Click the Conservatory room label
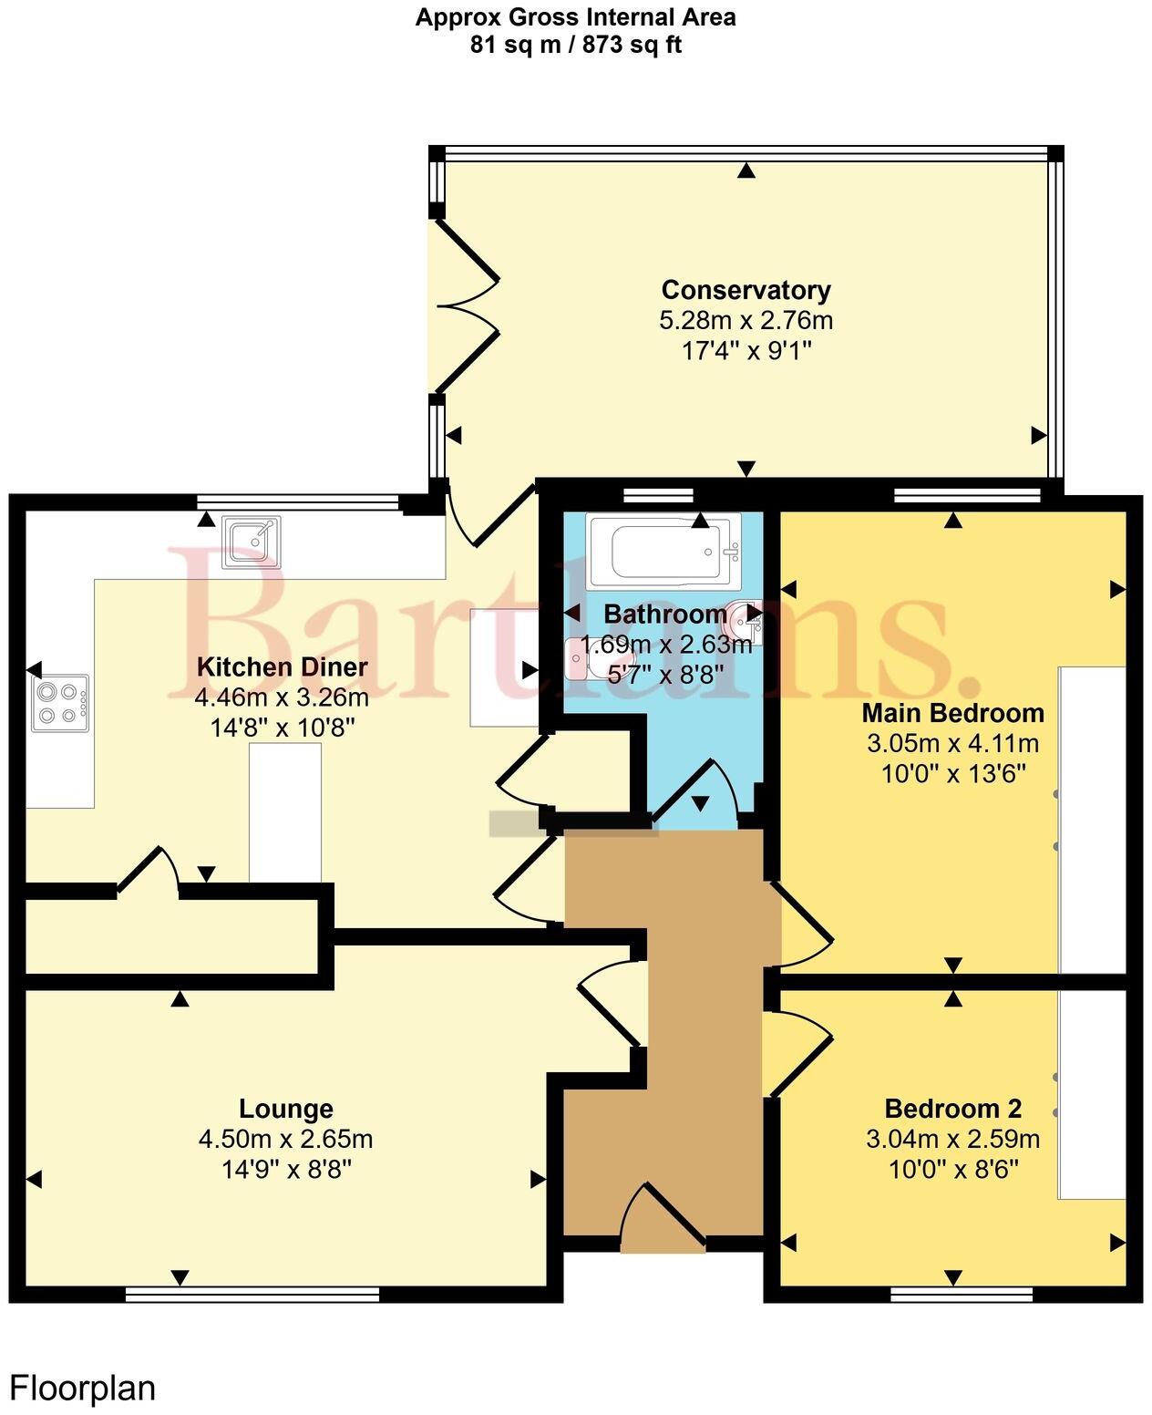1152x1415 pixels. [x=746, y=290]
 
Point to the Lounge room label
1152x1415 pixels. [x=285, y=1109]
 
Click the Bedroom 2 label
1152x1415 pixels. [x=952, y=1109]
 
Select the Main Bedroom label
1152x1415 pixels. [x=952, y=712]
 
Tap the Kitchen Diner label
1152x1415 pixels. [x=282, y=666]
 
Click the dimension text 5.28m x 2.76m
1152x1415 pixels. [x=746, y=321]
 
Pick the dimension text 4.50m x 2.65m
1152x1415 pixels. [x=285, y=1139]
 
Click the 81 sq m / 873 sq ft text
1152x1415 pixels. [x=575, y=45]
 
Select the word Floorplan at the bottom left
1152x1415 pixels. [x=83, y=1389]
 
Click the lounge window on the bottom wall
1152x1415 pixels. [x=252, y=1294]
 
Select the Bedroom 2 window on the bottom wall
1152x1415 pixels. [x=962, y=1294]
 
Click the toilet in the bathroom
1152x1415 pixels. [x=578, y=658]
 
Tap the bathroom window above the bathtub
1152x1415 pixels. [x=658, y=495]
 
